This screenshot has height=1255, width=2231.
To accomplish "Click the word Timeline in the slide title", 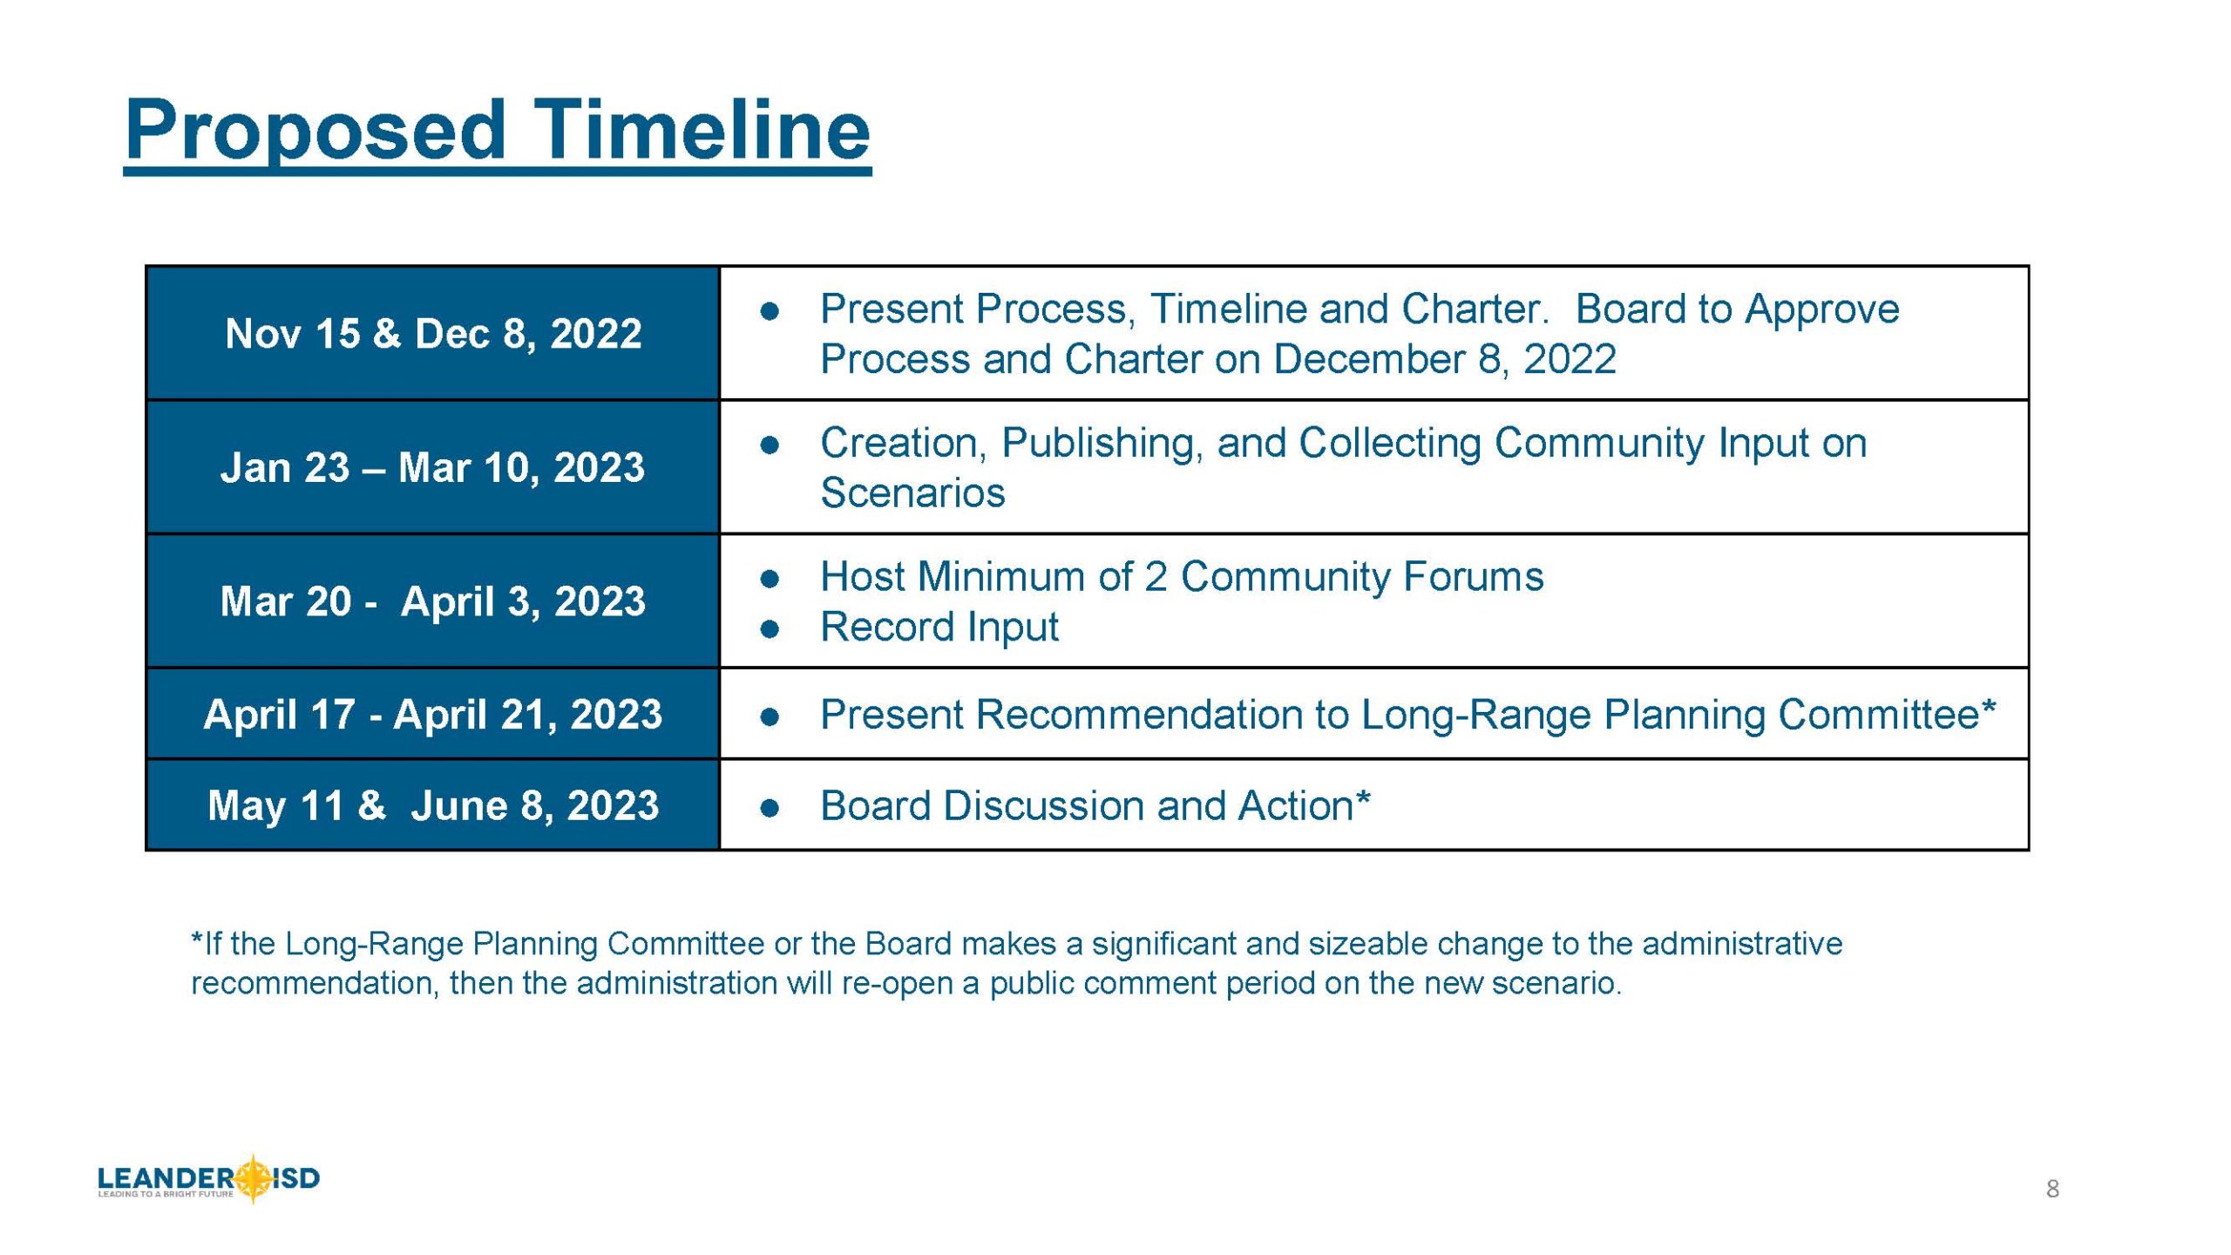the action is [x=702, y=130].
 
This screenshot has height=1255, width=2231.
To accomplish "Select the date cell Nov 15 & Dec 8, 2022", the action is [x=433, y=333].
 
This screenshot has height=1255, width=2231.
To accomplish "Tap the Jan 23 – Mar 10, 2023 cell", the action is [x=433, y=467].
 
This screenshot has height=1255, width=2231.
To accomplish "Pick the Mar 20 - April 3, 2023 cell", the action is [x=433, y=601].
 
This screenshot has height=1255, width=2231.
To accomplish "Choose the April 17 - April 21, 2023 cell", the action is [x=433, y=714].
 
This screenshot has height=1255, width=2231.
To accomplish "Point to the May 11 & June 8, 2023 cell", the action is [x=433, y=804].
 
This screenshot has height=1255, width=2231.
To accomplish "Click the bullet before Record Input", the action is [x=769, y=628].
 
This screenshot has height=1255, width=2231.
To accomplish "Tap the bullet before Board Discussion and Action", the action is [x=769, y=807].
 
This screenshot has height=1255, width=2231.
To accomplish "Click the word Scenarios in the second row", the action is [x=912, y=493].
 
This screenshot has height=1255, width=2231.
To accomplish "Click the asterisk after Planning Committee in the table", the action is [x=1988, y=708].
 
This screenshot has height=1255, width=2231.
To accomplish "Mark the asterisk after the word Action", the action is [x=1362, y=798].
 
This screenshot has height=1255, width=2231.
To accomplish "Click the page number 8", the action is [x=2052, y=1189].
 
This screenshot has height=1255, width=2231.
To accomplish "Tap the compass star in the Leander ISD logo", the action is [x=254, y=1178].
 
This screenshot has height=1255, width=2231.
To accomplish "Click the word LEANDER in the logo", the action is [x=166, y=1178].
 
